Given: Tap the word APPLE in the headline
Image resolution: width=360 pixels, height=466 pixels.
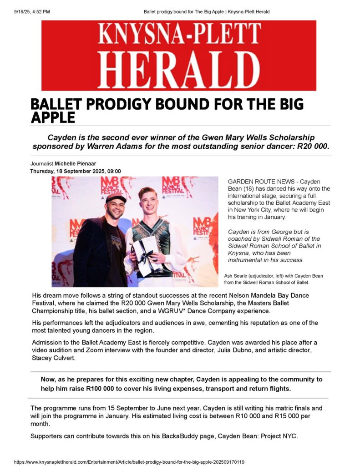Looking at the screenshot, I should pos(52,117).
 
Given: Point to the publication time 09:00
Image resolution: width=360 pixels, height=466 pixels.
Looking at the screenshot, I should pos(113,171).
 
